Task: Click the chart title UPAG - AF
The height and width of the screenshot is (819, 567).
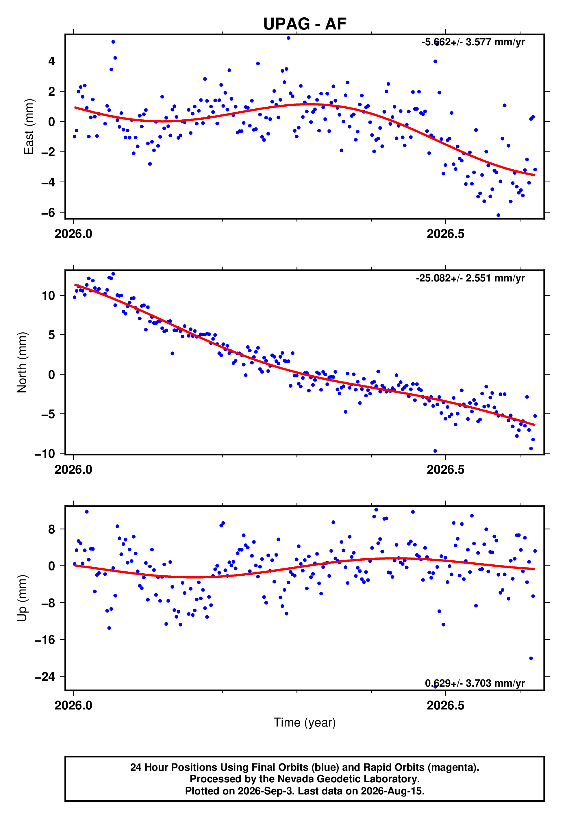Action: click(x=305, y=24)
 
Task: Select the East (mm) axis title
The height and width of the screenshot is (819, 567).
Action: click(x=29, y=127)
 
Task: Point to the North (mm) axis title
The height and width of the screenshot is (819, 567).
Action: click(x=22, y=362)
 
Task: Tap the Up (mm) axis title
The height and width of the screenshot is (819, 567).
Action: click(x=22, y=598)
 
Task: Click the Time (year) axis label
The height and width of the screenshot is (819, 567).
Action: click(x=305, y=722)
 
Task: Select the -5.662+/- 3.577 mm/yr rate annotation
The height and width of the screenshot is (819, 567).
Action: click(x=473, y=42)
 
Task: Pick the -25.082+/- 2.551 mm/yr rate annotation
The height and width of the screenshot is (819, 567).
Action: click(x=470, y=278)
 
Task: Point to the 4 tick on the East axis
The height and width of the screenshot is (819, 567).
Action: click(x=52, y=61)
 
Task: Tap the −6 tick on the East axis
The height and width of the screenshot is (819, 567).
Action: click(x=48, y=212)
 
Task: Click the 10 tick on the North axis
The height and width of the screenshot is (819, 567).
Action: click(x=49, y=295)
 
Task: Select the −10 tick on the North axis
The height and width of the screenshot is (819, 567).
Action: click(x=45, y=453)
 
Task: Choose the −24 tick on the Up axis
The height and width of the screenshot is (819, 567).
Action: click(x=45, y=677)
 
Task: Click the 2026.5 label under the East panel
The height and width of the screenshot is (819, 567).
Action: click(x=446, y=234)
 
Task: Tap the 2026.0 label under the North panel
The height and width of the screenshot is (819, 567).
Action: click(x=73, y=470)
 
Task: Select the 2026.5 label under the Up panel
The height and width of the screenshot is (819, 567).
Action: click(x=446, y=705)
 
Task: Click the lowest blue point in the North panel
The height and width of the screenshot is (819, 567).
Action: click(x=435, y=451)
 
